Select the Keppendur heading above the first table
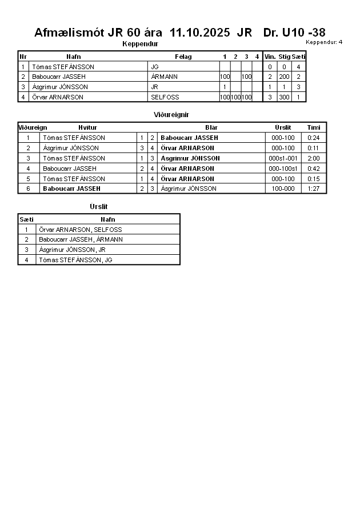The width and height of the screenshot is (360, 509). click(x=140, y=43)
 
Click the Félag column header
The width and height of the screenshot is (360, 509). click(x=183, y=57)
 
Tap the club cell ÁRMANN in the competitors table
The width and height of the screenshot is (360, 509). click(x=165, y=77)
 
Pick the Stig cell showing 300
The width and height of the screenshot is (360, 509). click(x=285, y=97)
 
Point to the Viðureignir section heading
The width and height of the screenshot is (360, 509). click(x=171, y=115)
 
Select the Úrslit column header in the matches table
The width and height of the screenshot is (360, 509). click(x=283, y=127)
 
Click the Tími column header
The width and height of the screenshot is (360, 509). click(x=314, y=127)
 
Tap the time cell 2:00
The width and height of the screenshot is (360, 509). click(x=313, y=158)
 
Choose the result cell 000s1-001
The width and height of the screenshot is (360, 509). click(x=283, y=158)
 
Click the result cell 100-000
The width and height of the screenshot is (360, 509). click(x=283, y=189)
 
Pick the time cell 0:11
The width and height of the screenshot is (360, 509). click(x=313, y=148)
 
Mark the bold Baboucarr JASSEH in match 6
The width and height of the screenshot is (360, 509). click(x=71, y=189)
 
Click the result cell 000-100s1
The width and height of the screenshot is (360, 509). click(x=283, y=169)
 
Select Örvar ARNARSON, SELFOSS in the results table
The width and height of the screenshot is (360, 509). click(x=80, y=230)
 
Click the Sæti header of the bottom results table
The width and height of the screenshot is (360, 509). click(x=26, y=219)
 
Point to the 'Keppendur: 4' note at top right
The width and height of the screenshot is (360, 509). click(x=324, y=42)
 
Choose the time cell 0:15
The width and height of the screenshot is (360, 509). click(x=313, y=179)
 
